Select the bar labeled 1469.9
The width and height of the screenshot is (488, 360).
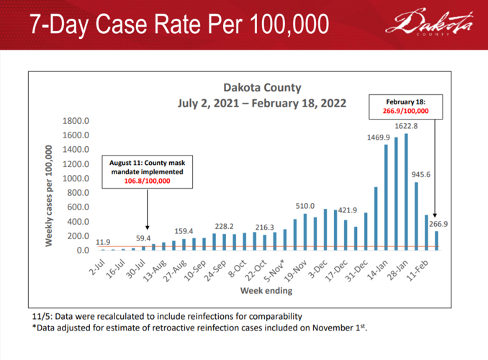click(x=387, y=197)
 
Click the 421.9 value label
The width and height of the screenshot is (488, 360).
click(x=348, y=210)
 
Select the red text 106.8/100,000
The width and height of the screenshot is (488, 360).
click(x=146, y=181)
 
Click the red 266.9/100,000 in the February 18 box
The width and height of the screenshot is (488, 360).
click(x=405, y=111)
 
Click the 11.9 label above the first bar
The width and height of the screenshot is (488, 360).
click(x=103, y=241)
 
